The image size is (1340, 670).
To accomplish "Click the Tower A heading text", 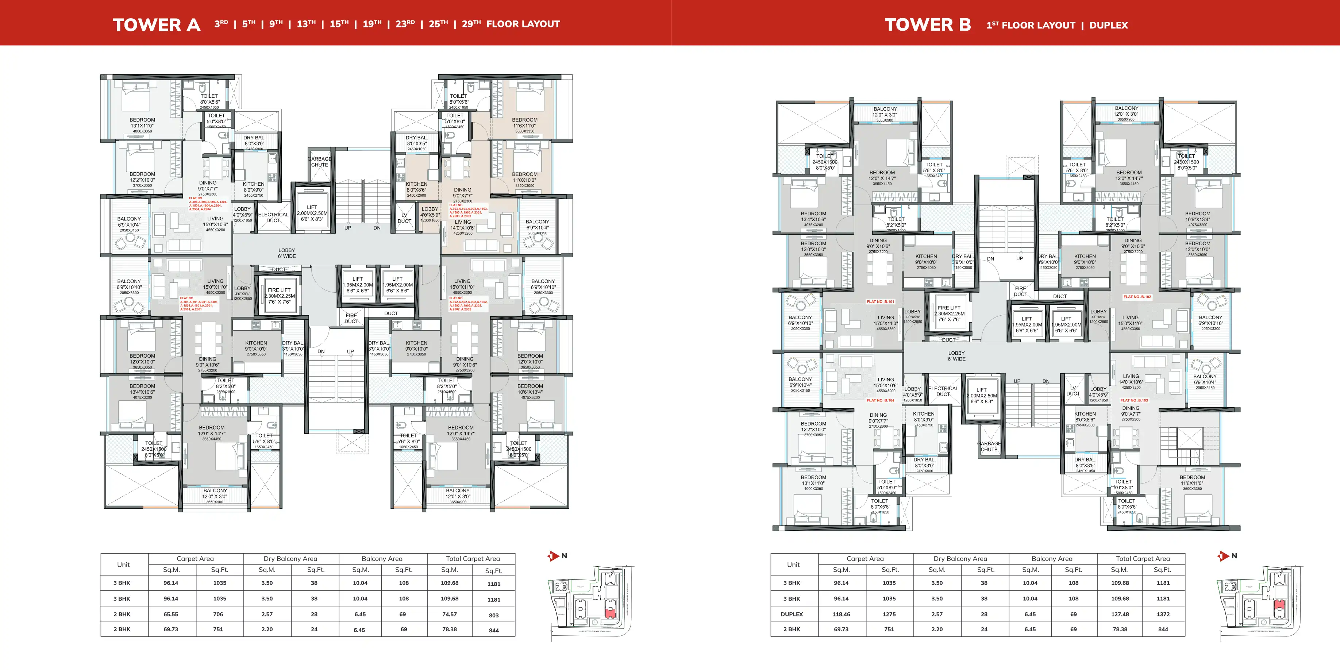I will click(156, 24).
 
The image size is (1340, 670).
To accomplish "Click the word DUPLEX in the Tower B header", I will click(1109, 25).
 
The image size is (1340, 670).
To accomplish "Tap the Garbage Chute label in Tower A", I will click(319, 162).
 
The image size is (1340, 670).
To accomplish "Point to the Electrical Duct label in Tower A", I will click(273, 217).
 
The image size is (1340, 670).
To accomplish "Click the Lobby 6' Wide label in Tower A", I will click(286, 253).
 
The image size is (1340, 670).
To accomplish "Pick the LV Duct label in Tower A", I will click(404, 218).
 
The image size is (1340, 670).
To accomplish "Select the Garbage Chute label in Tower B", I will click(989, 446).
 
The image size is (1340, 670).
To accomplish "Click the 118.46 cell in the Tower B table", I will click(841, 614).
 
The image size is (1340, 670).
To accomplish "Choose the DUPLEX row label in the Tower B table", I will click(792, 614).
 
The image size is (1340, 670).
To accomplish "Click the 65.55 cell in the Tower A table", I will click(171, 614).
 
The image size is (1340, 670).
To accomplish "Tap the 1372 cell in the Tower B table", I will click(1163, 614).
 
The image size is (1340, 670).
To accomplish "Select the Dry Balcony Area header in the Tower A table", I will click(290, 559).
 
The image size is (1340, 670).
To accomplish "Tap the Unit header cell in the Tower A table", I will click(123, 565).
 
